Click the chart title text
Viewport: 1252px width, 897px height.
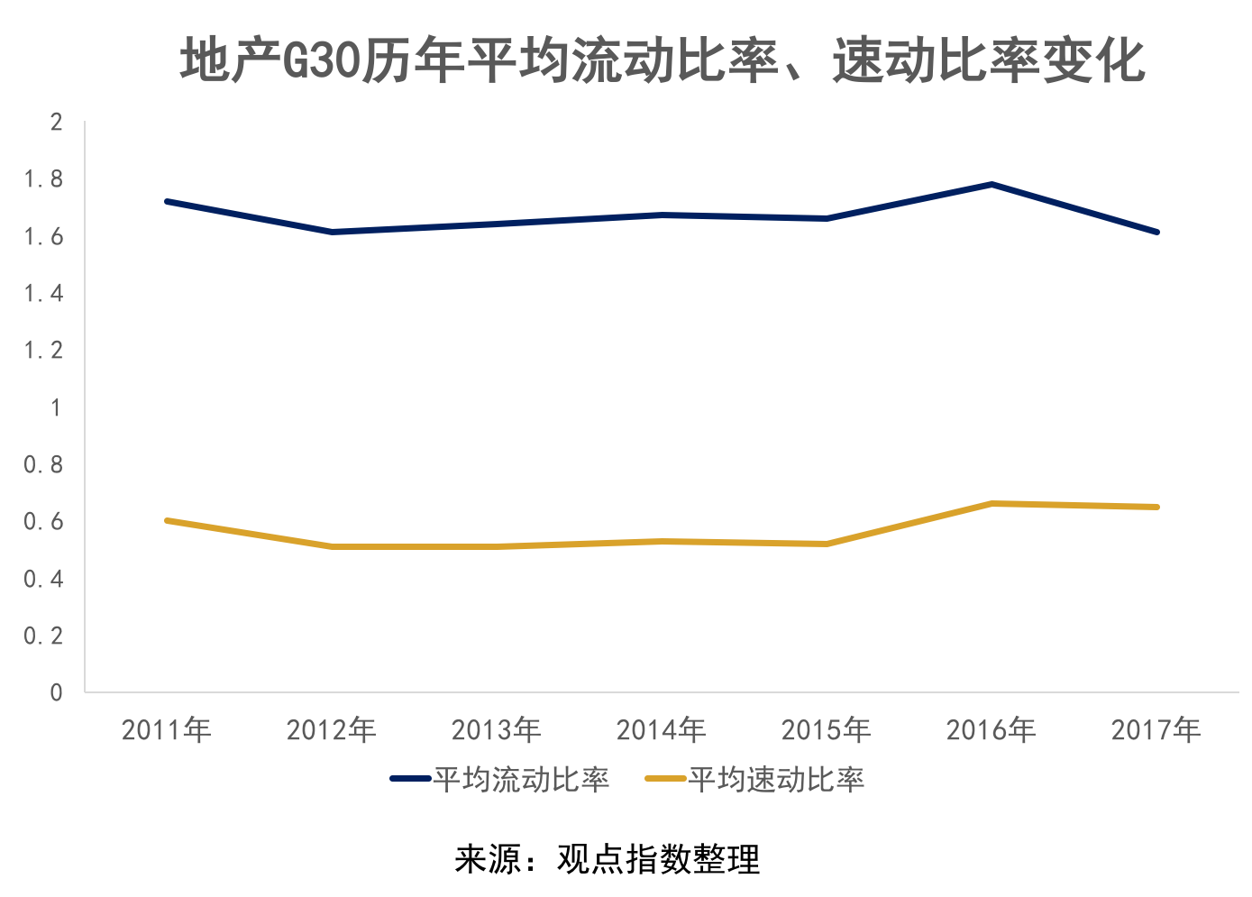click(663, 61)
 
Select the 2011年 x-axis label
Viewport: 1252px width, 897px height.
click(167, 729)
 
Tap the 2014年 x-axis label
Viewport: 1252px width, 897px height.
click(661, 729)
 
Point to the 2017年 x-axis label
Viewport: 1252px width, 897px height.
click(1156, 729)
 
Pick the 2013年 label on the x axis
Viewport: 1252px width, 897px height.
click(496, 729)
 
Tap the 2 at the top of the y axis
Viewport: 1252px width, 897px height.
click(57, 122)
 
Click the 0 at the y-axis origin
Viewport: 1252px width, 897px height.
click(57, 692)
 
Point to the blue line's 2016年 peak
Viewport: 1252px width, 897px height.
click(992, 185)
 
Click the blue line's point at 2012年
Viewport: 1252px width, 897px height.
click(333, 232)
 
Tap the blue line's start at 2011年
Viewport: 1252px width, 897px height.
click(168, 201)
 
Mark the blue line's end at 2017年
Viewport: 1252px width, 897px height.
click(1156, 232)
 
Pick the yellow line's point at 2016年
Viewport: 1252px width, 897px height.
click(992, 504)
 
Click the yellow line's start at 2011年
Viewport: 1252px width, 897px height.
click(168, 520)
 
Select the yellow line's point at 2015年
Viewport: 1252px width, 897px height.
click(827, 544)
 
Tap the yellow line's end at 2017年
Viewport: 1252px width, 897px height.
click(1156, 507)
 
